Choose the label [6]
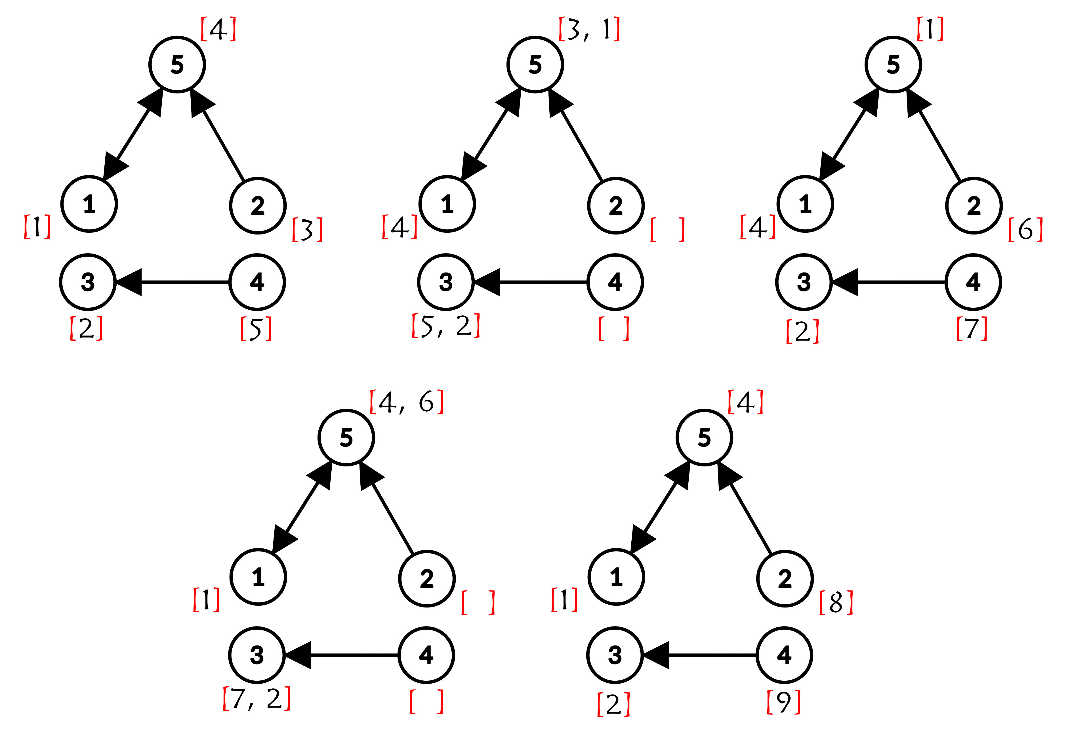pyautogui.click(x=1025, y=229)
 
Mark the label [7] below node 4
pyautogui.click(x=972, y=328)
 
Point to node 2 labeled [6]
pyautogui.click(x=974, y=206)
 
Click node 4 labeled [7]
pyautogui.click(x=973, y=282)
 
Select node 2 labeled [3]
pyautogui.click(x=258, y=206)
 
